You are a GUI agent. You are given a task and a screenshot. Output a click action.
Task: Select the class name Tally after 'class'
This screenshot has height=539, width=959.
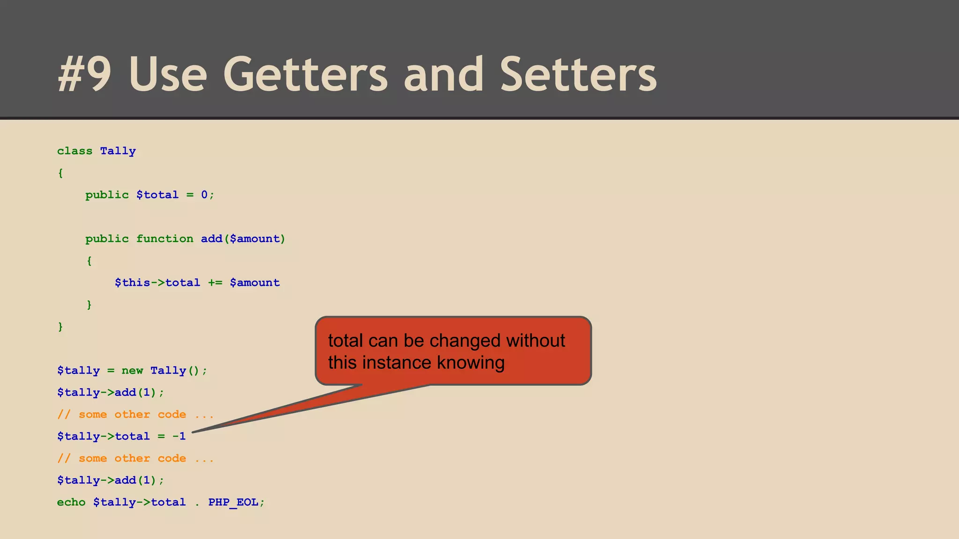point(118,151)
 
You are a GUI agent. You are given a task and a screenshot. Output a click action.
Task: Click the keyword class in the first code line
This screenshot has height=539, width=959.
point(74,151)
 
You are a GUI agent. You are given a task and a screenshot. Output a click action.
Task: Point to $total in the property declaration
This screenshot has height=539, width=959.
point(157,195)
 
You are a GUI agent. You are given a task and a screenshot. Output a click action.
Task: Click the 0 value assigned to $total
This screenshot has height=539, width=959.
point(204,195)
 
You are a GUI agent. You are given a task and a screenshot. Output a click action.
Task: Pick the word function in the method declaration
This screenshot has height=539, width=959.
point(164,239)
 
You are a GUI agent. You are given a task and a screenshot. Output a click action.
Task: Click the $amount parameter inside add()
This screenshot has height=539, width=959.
point(255,239)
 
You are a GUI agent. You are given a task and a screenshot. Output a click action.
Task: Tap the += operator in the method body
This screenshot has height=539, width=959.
point(215,283)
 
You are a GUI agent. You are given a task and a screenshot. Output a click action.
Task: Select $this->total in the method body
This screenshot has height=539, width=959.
point(157,283)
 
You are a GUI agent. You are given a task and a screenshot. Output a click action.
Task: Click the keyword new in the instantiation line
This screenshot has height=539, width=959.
point(132,371)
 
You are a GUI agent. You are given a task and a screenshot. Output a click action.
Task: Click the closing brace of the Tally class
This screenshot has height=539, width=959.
point(60,327)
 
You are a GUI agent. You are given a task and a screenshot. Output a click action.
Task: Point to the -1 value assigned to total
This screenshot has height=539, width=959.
point(179,437)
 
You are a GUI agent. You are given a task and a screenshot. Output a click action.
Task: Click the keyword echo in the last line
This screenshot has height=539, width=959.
point(71,503)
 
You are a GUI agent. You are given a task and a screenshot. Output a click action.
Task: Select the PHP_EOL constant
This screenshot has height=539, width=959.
point(233,503)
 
